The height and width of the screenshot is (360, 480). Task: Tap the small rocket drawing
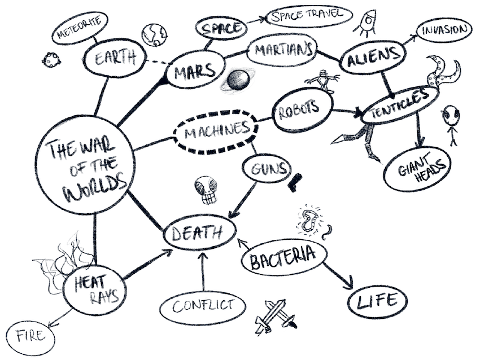click(x=365, y=23)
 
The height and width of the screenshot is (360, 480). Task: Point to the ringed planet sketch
click(x=238, y=81)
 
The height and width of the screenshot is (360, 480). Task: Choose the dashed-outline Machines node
click(x=211, y=131)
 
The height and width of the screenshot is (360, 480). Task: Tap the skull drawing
click(x=206, y=191)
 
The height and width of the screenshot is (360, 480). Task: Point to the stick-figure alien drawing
click(x=450, y=125)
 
